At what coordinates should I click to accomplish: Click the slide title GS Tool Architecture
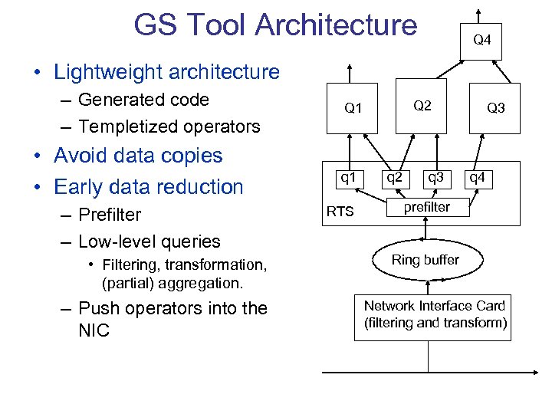[x=275, y=25]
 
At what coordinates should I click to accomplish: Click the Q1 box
[x=352, y=108]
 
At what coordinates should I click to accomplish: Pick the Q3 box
[x=495, y=108]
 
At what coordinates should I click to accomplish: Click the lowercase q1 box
[x=348, y=179]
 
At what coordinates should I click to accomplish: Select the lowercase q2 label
[x=394, y=178]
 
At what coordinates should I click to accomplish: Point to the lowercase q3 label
[x=435, y=178]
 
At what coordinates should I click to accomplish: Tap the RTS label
[x=340, y=211]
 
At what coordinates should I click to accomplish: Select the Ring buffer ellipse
[x=425, y=261]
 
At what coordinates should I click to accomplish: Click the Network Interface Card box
[x=435, y=315]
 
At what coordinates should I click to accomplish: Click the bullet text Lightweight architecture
[x=166, y=72]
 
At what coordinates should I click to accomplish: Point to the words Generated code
[x=143, y=100]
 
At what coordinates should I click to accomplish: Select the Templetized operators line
[x=169, y=127]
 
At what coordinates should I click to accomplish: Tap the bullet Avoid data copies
[x=138, y=156]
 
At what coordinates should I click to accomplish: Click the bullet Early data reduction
[x=148, y=186]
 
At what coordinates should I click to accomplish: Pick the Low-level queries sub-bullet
[x=149, y=242]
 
